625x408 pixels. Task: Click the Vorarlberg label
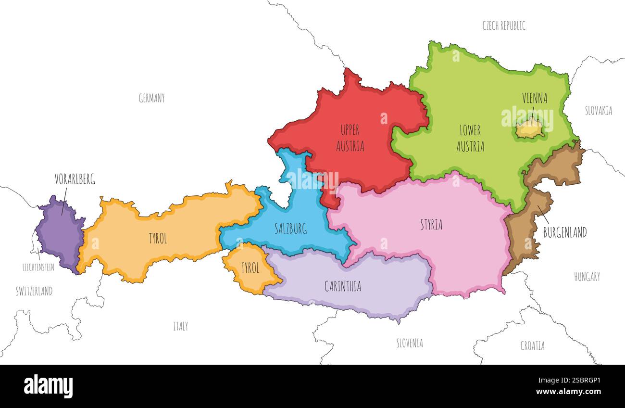point(75,179)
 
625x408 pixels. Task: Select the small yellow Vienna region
point(530,129)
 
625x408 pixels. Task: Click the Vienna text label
point(535,98)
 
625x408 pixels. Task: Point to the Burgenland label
point(564,232)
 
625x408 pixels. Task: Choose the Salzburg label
point(290,229)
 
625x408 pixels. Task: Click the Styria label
point(431,224)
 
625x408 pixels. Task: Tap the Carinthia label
point(342,286)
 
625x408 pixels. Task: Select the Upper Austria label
point(350,138)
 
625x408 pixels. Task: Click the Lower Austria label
point(470,138)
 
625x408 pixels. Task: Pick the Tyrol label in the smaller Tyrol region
point(250,268)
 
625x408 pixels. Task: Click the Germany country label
point(151,98)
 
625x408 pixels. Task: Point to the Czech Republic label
point(504,25)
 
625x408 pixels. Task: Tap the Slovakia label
point(599,111)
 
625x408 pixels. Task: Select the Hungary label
point(587,277)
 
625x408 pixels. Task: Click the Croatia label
point(532,345)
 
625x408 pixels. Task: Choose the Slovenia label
point(410,343)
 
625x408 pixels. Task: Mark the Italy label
point(180,326)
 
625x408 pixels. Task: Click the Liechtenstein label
point(38,267)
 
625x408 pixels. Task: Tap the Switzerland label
point(34,291)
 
